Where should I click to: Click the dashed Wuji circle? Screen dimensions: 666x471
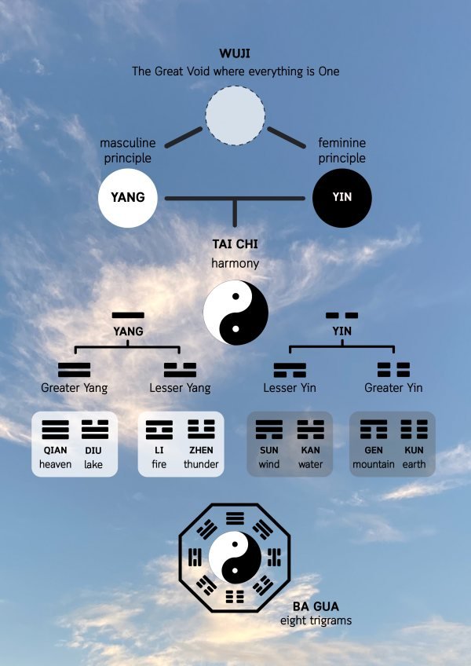pos(235,115)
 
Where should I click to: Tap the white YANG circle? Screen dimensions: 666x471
pos(127,197)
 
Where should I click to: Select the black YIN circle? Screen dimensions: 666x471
pos(342,197)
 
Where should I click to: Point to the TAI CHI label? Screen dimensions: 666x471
pos(235,244)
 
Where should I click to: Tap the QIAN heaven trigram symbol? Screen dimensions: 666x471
pos(55,430)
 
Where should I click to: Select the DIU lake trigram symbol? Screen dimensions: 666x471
pos(94,430)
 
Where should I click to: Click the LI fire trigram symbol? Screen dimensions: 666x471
pos(159,430)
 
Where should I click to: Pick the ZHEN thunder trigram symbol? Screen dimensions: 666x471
pos(201,430)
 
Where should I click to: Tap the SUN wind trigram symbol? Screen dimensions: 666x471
pos(269,430)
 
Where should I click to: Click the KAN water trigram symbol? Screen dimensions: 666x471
pos(310,430)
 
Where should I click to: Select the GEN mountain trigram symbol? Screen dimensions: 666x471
pos(374,430)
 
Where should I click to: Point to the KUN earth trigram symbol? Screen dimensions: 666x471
pos(414,430)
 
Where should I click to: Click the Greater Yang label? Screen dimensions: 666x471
pos(75,388)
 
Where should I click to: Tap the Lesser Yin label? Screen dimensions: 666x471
pos(290,388)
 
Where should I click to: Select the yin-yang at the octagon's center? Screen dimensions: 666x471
pos(235,558)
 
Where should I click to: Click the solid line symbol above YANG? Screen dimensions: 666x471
pos(128,315)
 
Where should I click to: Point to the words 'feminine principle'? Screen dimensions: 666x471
pos(341,151)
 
